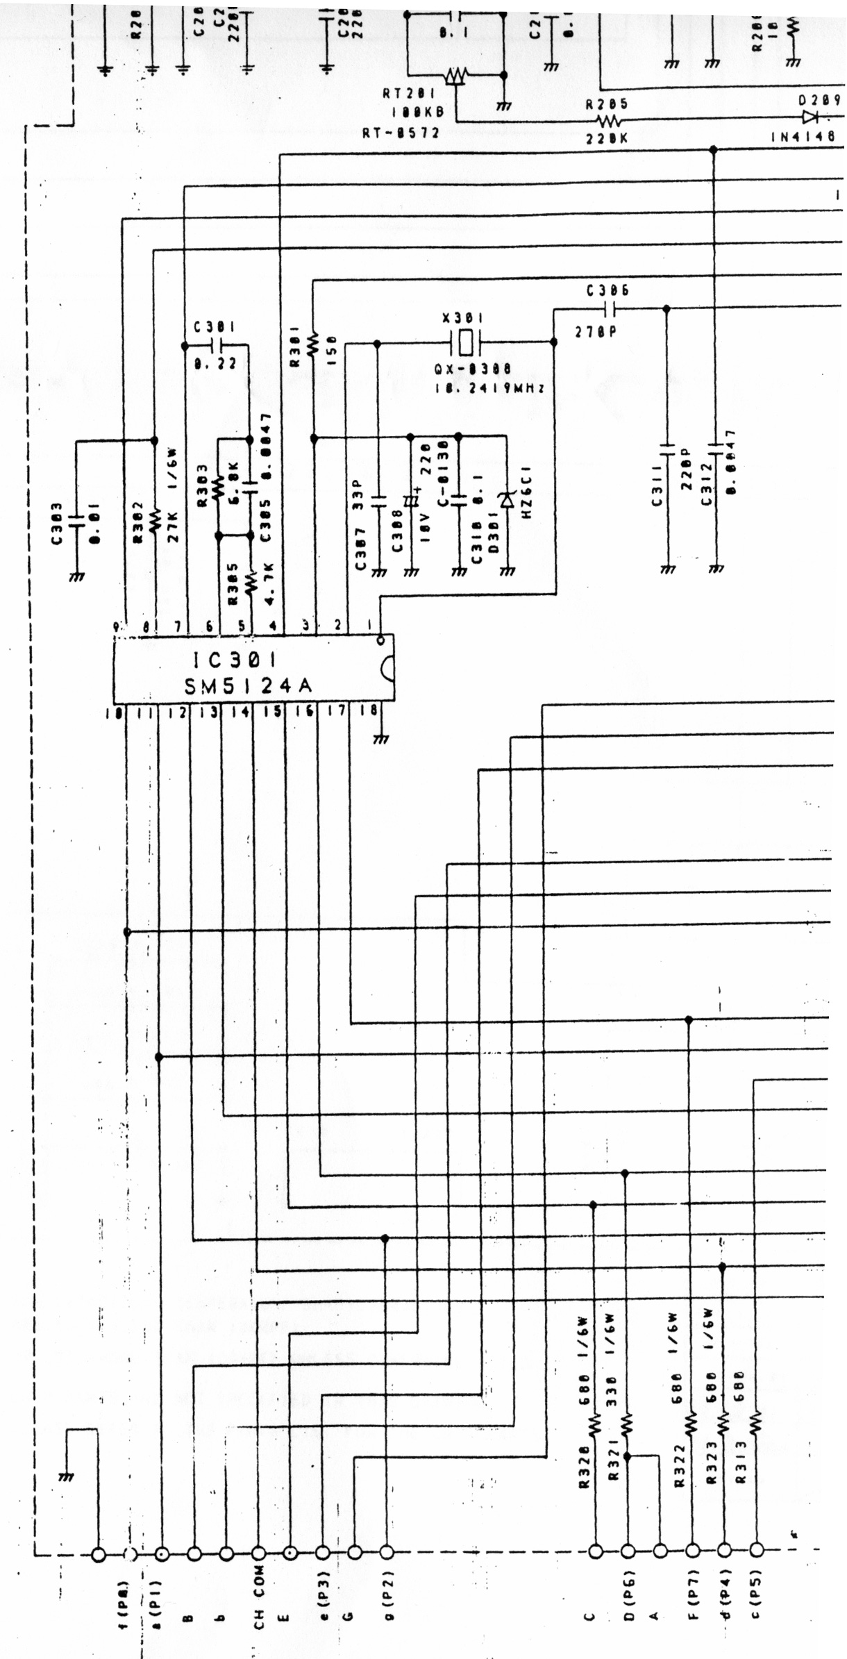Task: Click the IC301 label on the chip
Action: pos(228,657)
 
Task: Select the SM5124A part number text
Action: pos(248,686)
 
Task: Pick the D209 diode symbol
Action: pos(810,117)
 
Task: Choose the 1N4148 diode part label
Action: pos(803,137)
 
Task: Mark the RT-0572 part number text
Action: pos(401,132)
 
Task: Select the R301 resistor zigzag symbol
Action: pos(313,342)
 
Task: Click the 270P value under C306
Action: pos(596,332)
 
